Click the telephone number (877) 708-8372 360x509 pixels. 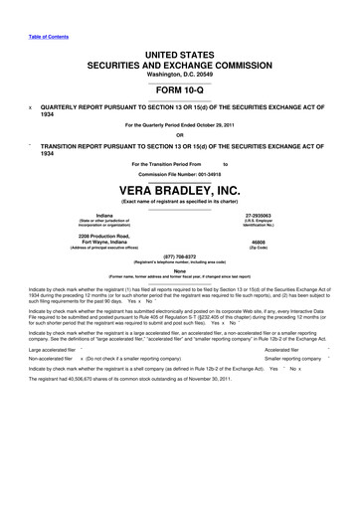pyautogui.click(x=180, y=254)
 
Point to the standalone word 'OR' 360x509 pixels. pyautogui.click(x=180, y=135)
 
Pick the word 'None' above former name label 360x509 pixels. pyautogui.click(x=180, y=269)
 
